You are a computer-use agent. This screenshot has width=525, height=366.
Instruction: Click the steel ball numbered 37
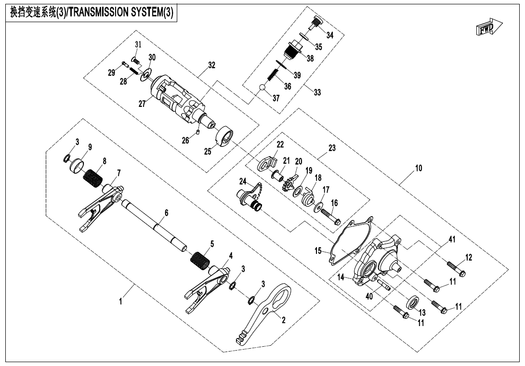pyautogui.click(x=262, y=88)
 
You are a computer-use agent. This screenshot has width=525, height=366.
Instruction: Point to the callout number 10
pyautogui.click(x=418, y=168)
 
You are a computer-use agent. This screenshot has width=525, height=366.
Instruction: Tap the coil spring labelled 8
pyautogui.click(x=93, y=179)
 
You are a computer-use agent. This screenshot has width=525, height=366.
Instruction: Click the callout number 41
pyautogui.click(x=452, y=239)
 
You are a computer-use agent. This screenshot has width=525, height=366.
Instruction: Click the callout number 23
pyautogui.click(x=332, y=148)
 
